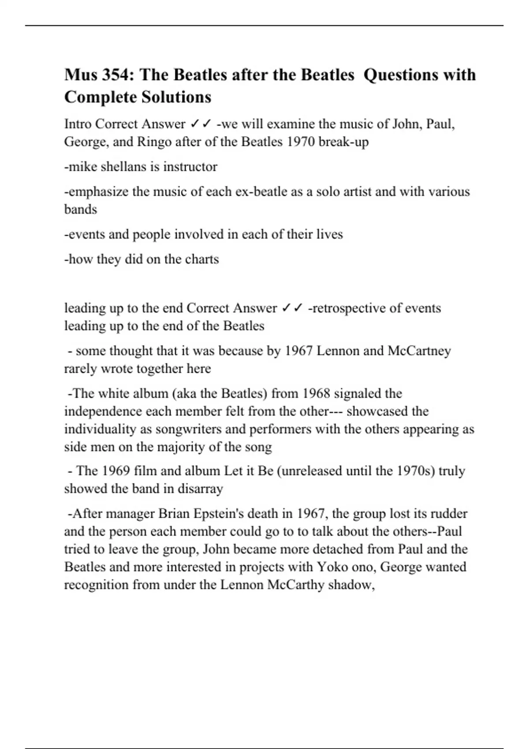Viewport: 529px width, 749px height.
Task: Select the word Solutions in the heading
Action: click(175, 97)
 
